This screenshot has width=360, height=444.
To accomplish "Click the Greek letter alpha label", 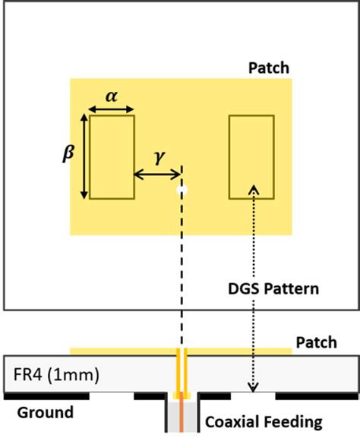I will pos(112,96).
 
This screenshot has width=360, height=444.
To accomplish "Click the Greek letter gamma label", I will pos(158,158).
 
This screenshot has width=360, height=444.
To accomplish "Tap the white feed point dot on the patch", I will pos(181,190).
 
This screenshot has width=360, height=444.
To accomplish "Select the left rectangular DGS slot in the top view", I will pos(112,157).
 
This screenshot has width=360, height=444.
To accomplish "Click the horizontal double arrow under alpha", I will pos(112,110).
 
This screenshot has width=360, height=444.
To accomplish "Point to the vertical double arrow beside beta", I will pos(83,157).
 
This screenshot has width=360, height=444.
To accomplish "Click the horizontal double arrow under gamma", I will pos(157,175).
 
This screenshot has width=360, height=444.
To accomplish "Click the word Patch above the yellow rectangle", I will pos(269,68).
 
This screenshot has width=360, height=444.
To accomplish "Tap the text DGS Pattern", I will pos(273,289).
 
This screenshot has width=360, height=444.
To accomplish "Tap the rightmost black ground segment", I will pos(314,396).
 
